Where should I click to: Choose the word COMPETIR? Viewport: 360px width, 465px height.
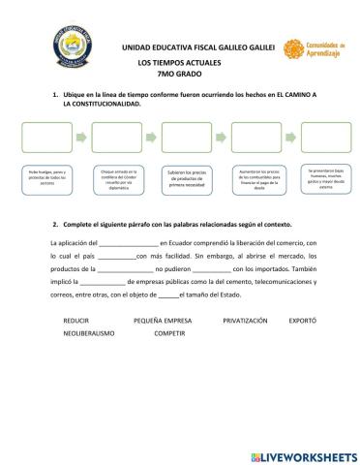click(x=169, y=332)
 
